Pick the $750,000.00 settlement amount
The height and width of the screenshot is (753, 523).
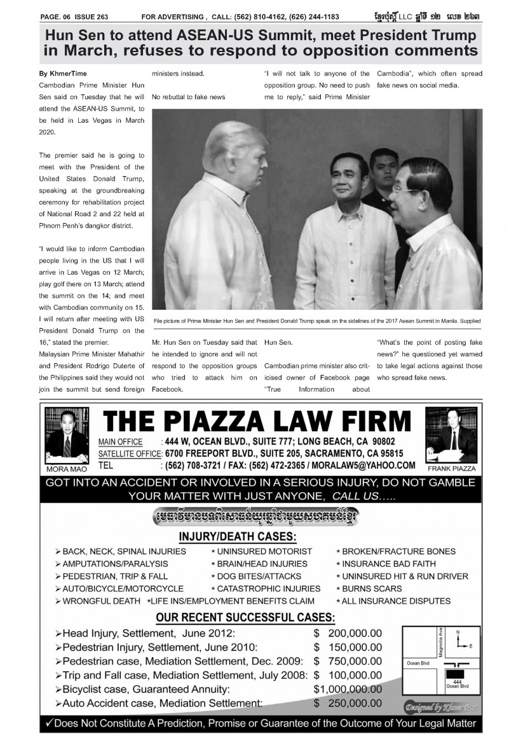(x=348, y=661)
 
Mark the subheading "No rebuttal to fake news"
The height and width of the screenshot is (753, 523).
(x=189, y=97)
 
